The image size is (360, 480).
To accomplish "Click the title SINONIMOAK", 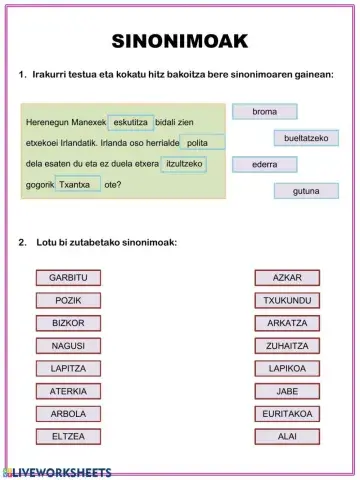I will tap(179, 41).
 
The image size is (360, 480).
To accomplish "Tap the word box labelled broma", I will tap(264, 111).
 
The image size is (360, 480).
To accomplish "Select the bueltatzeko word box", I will tap(306, 138).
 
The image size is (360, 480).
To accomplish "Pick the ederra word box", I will tap(264, 164).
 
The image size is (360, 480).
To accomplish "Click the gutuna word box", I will tap(306, 190).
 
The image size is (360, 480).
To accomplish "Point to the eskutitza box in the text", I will tap(131, 122).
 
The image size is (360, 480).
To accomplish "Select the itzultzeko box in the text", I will tap(184, 163).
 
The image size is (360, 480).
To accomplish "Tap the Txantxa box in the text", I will tap(77, 184).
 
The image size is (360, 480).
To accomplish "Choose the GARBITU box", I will tap(68, 277).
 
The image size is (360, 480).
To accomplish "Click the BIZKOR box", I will tap(68, 323).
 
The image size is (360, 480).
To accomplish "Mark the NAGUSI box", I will tap(68, 345).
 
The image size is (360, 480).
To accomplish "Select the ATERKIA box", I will tap(68, 391).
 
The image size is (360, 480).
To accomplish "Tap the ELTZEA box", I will tap(68, 436).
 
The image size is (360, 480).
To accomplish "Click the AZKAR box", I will tap(287, 277).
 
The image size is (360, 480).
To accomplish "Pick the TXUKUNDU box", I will tap(287, 300).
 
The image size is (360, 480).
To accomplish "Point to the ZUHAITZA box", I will tap(287, 345).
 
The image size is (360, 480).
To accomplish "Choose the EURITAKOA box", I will tap(287, 413).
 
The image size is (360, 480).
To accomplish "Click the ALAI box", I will tap(287, 436).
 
